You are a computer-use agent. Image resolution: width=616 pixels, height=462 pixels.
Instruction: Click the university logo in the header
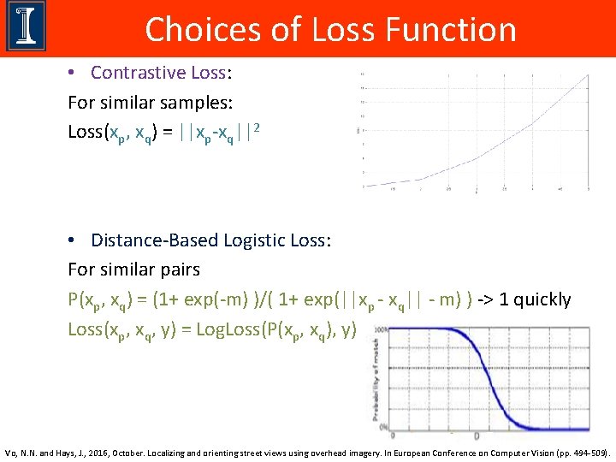pyautogui.click(x=27, y=27)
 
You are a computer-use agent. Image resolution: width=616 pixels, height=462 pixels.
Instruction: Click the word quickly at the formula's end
pyautogui.click(x=539, y=300)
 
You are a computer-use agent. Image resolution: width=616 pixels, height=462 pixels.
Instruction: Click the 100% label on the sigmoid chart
pyautogui.click(x=377, y=329)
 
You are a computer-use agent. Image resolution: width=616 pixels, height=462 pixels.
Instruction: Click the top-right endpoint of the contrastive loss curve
pyautogui.click(x=589, y=75)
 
